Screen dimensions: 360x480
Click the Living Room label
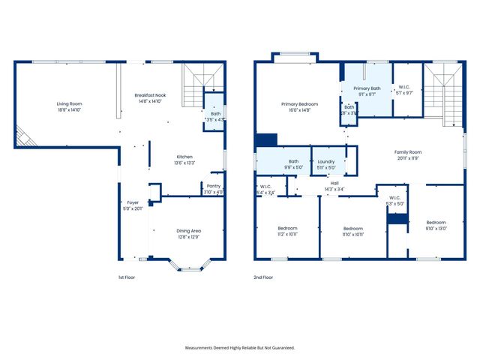click(68, 103)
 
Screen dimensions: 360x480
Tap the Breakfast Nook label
click(151, 95)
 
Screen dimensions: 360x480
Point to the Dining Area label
click(188, 230)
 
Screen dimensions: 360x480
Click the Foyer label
click(133, 202)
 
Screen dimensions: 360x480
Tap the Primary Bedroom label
click(299, 104)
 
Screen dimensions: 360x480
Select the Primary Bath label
click(367, 88)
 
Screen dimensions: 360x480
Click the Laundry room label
click(325, 161)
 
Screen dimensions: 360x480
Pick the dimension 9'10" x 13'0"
click(436, 229)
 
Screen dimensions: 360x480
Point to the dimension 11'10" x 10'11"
click(352, 235)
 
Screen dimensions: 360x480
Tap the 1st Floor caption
click(127, 277)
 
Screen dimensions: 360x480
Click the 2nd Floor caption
click(263, 277)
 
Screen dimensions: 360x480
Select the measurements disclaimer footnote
click(240, 347)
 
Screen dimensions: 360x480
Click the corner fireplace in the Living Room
click(23, 138)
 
